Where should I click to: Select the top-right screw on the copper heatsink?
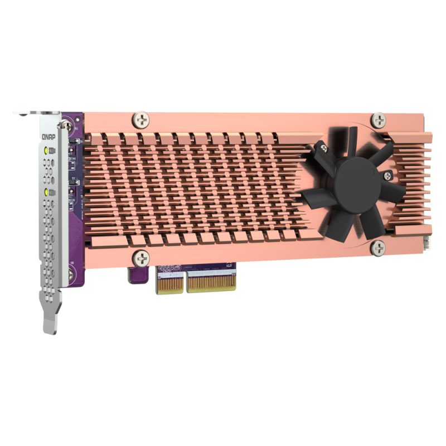[379, 119]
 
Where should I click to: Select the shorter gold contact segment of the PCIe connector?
[169, 285]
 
